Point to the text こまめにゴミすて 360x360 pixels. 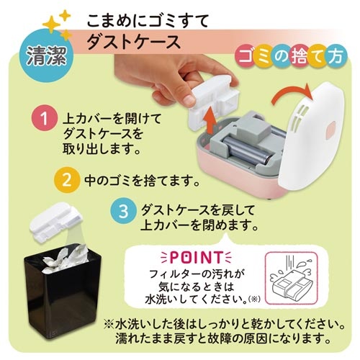pyautogui.click(x=148, y=19)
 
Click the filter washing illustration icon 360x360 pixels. pyautogui.click(x=289, y=279)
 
